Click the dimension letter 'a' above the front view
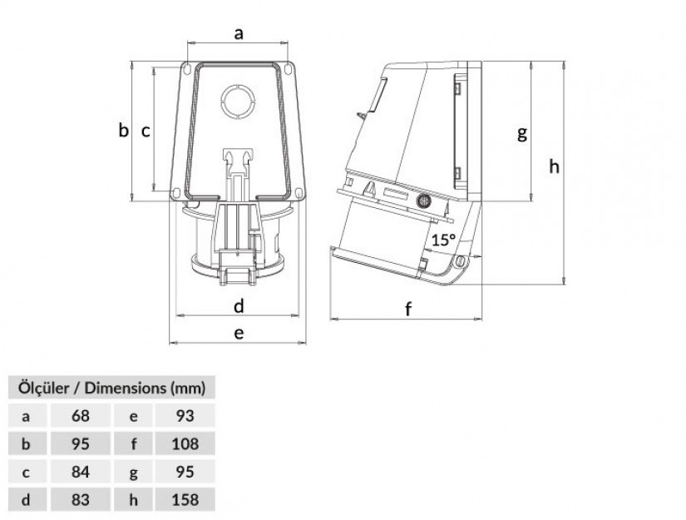click(239, 33)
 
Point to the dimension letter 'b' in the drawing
click(124, 130)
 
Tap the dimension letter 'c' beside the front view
click(146, 131)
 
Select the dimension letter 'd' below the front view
click(239, 306)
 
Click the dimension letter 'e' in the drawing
click(239, 334)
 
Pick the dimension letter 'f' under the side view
click(408, 309)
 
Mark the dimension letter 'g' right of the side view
click(522, 132)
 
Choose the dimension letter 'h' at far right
click(555, 166)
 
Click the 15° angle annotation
click(444, 240)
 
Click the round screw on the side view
click(423, 201)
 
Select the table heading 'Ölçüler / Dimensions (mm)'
click(111, 388)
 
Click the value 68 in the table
click(81, 416)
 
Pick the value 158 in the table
click(185, 500)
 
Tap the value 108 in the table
click(185, 443)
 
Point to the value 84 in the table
click(81, 472)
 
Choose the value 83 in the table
click(81, 500)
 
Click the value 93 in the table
click(185, 416)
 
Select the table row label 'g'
click(133, 473)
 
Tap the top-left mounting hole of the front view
click(187, 69)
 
